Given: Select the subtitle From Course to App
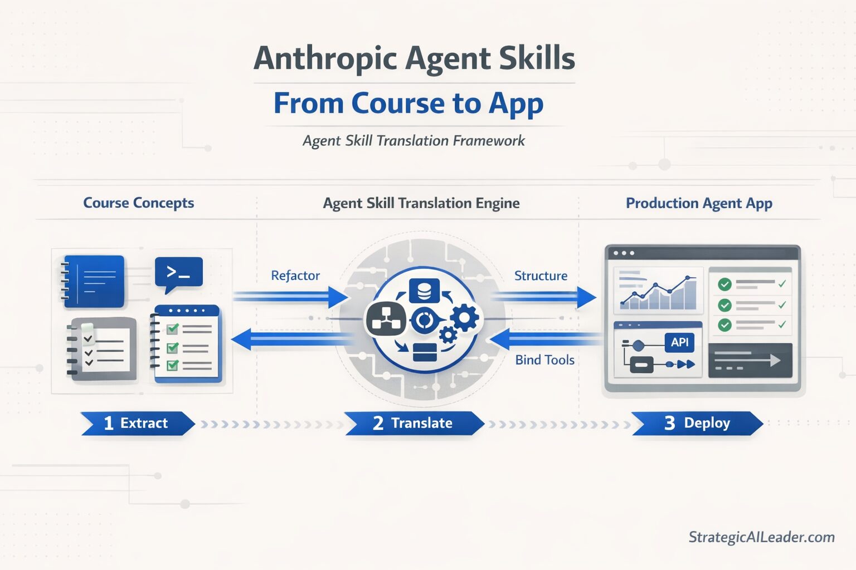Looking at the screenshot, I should [x=408, y=104].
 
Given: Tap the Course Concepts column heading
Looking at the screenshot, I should [x=138, y=203].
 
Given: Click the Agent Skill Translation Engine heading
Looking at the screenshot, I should [x=421, y=203].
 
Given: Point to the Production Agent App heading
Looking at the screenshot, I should [x=699, y=203].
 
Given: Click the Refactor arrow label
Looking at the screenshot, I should [x=295, y=276].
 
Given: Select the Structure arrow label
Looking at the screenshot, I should [x=541, y=276].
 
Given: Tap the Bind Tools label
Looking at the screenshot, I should [x=544, y=360].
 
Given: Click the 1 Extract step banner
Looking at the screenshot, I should [x=137, y=423].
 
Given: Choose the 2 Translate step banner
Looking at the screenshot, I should [x=413, y=423].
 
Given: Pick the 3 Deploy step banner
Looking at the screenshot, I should [x=697, y=423].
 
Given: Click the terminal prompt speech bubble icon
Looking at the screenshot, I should [x=178, y=273].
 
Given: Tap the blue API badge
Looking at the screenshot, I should [x=679, y=342].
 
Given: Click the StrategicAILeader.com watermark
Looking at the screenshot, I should [x=761, y=537].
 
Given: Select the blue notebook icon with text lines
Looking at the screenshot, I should [x=94, y=281].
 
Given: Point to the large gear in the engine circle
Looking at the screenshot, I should [x=465, y=318].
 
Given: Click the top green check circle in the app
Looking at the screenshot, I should [x=724, y=284].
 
